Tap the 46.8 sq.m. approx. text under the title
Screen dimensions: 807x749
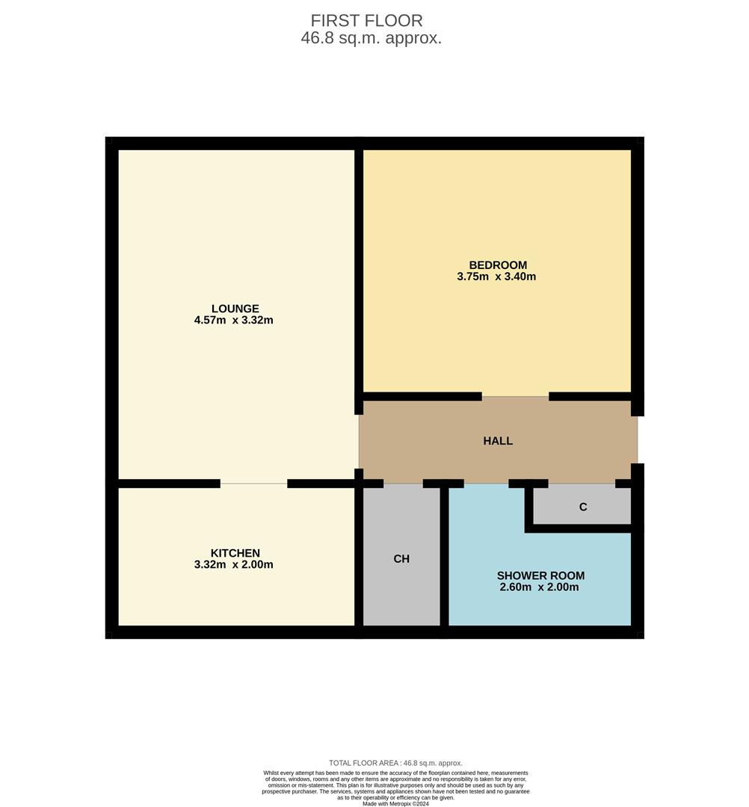(372, 39)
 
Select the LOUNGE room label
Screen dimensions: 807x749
(235, 309)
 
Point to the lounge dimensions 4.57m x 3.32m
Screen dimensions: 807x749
(233, 321)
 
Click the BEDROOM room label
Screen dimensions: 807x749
(498, 265)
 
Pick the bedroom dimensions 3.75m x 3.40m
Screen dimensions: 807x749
(496, 276)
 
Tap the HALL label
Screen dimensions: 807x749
(498, 441)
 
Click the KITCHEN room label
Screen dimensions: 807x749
(235, 553)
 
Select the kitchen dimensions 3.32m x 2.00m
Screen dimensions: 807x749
(233, 565)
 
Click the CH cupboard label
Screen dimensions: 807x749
(401, 559)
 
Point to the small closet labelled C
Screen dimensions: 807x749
(583, 507)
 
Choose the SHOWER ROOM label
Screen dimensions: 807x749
(540, 575)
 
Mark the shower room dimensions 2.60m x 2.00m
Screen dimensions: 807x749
(539, 587)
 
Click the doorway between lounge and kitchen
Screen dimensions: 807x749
(253, 483)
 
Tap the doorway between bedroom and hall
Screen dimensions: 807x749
(515, 397)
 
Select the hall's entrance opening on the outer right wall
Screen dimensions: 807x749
(637, 440)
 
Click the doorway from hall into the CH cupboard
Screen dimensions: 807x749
(403, 483)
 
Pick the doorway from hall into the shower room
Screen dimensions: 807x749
(486, 483)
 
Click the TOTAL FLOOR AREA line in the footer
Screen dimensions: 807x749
(395, 763)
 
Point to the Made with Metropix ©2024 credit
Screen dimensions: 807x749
(395, 803)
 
